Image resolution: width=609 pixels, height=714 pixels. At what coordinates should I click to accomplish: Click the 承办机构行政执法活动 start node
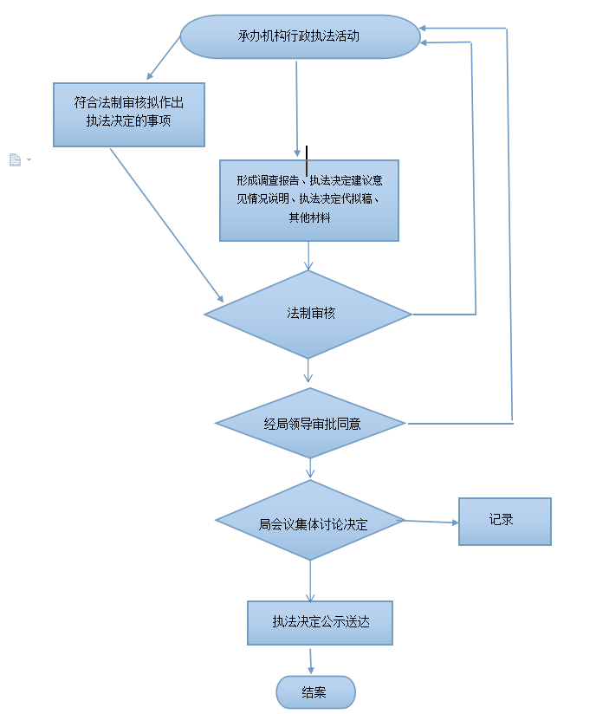(299, 36)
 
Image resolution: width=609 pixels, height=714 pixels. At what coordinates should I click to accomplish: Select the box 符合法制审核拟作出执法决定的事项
(128, 114)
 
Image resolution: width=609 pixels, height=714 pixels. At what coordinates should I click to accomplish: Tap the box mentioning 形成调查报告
(308, 200)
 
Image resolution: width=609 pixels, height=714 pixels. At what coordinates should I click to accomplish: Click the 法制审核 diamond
(308, 314)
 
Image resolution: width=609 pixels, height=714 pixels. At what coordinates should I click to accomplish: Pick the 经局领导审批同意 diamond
(310, 424)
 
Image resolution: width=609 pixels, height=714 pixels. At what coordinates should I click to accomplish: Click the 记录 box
(504, 521)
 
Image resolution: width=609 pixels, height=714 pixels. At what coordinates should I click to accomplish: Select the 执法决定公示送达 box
(320, 622)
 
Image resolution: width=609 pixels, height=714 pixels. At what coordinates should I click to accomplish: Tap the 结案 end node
(315, 692)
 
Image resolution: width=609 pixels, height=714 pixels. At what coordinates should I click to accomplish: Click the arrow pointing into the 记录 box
(431, 522)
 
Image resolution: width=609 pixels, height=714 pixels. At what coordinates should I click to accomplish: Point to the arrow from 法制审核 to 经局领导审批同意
(308, 371)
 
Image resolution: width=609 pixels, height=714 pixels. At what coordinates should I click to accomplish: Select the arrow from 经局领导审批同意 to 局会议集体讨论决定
(310, 468)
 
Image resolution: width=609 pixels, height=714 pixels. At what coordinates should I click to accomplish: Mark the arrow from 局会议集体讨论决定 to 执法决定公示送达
(310, 581)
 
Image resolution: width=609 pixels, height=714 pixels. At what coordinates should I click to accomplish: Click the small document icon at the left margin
(15, 159)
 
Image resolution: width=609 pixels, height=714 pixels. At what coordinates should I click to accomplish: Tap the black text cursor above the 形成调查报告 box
(307, 161)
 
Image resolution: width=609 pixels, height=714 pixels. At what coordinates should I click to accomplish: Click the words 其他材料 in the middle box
(309, 218)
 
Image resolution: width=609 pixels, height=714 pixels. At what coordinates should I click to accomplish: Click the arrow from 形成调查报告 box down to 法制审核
(308, 255)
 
